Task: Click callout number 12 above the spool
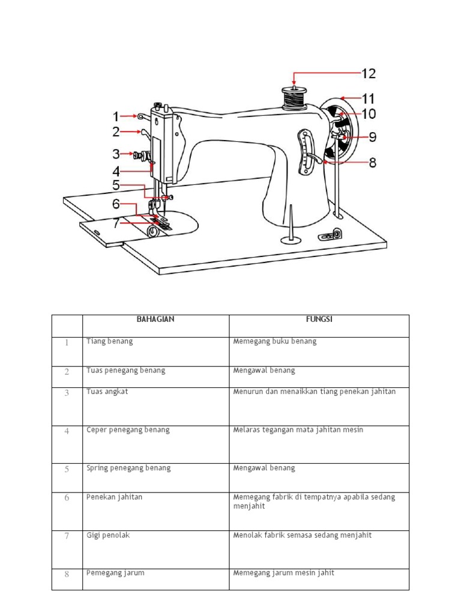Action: (368, 74)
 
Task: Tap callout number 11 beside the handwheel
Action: (367, 97)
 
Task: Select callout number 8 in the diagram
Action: (372, 162)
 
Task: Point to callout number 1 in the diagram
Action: (116, 117)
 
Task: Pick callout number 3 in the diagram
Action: (116, 154)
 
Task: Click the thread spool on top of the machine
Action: (294, 98)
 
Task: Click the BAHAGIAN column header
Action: (155, 320)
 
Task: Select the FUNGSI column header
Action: (319, 320)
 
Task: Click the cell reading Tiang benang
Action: (110, 341)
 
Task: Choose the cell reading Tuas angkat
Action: (107, 392)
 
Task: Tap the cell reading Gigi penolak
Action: (108, 535)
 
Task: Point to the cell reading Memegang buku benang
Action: (274, 341)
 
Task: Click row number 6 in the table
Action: (67, 498)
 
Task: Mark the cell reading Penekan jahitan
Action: (115, 497)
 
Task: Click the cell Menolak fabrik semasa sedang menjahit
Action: (303, 535)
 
